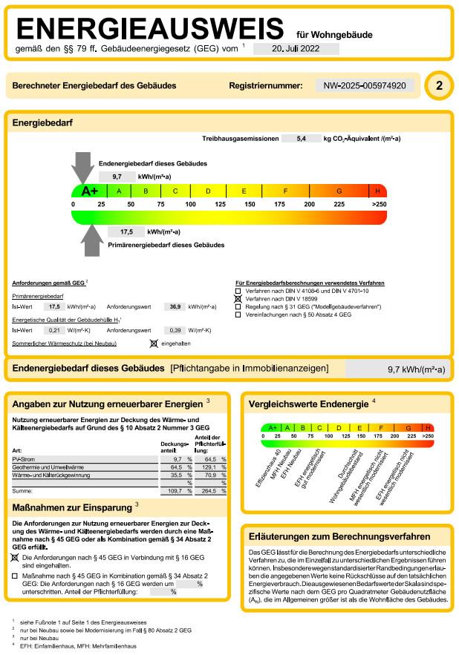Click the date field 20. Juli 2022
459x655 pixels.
coord(296,48)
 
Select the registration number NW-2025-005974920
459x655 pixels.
coord(365,86)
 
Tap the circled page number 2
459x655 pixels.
coord(438,86)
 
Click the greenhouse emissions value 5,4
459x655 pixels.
coord(301,139)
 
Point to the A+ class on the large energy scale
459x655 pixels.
coord(89,191)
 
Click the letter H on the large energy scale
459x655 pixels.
coord(378,191)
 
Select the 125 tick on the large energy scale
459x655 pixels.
coord(221,204)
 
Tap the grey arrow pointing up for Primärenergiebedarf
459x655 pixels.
coord(91,240)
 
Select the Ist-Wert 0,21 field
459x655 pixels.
coord(54,330)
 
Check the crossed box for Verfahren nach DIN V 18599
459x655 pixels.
coord(238,298)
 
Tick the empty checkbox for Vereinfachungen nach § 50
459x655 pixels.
coord(238,315)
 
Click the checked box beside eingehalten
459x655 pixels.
coord(154,343)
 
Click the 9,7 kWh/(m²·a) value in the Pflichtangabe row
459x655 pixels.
coord(416,369)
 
